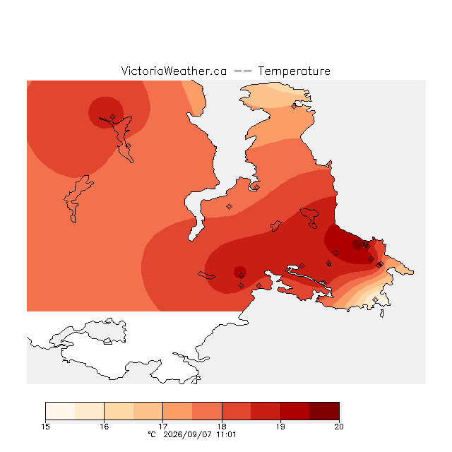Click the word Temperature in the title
pos(294,71)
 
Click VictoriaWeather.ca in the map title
pos(174,71)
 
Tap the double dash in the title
pos(242,71)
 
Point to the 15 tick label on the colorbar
pos(45,427)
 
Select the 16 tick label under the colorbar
pos(104,427)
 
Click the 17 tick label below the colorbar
pos(163,427)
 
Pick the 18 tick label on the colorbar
pos(222,427)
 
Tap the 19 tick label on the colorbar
pos(280,427)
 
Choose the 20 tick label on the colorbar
pos(339,427)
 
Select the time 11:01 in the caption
pos(226,434)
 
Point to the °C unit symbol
pos(152,434)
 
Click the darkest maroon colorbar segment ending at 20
pos(324,411)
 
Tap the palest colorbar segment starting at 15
pos(60,411)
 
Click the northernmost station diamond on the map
pos(294,107)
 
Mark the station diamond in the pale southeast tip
pos(375,299)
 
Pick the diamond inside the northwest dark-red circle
pos(113,117)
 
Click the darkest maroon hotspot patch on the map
pos(358,244)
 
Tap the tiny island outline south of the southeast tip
pos(381,314)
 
